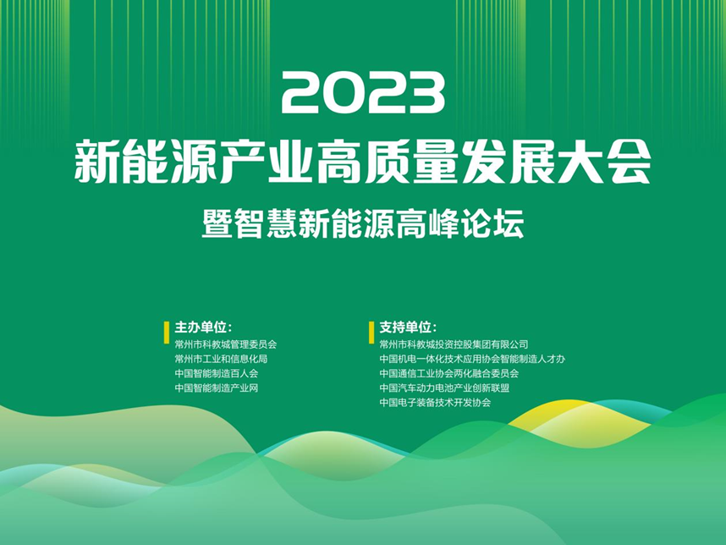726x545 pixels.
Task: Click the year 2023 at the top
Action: click(363, 93)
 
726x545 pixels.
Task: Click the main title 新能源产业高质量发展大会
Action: click(363, 162)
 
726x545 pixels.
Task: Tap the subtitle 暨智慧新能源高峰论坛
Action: click(363, 224)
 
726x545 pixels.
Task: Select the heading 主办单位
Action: click(203, 328)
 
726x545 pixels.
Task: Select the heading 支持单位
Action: click(408, 328)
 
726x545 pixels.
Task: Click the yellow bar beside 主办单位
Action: click(167, 333)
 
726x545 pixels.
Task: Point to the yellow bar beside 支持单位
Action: click(371, 333)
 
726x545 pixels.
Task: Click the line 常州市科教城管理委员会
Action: click(225, 344)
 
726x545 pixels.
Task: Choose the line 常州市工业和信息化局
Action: click(221, 359)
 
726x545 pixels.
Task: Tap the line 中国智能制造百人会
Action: click(217, 374)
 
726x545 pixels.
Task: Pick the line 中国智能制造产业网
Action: click(217, 388)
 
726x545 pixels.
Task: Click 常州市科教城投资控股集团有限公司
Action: click(454, 344)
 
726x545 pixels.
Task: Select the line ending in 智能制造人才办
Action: click(472, 359)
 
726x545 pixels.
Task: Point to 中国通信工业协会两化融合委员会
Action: click(449, 374)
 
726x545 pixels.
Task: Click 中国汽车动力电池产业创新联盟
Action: click(444, 388)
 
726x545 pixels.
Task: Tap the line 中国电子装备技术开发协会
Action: click(435, 402)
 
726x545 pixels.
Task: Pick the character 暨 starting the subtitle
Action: click(217, 224)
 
